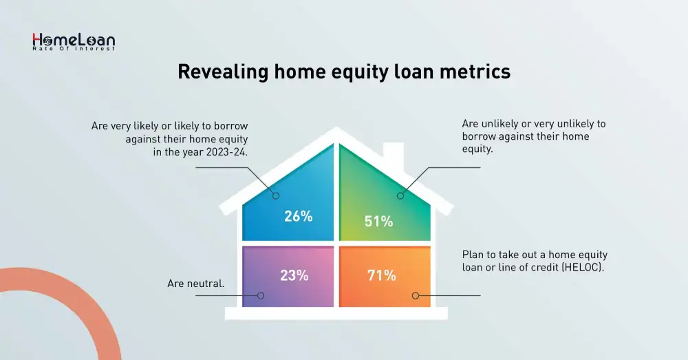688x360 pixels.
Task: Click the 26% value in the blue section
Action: click(x=299, y=216)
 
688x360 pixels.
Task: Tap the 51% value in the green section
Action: click(x=378, y=221)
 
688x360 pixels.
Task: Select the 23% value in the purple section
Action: click(x=294, y=275)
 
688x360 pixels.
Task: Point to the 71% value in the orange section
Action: click(x=382, y=275)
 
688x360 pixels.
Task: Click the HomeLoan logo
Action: click(x=74, y=42)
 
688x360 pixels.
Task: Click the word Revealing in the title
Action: click(x=223, y=71)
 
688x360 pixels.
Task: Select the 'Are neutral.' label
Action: click(x=195, y=284)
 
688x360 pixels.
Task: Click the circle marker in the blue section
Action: click(x=276, y=195)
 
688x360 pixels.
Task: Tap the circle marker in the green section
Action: click(x=400, y=195)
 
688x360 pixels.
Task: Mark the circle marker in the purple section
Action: click(x=261, y=295)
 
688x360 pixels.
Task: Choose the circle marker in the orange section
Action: click(x=416, y=295)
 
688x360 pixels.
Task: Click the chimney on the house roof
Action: click(x=394, y=156)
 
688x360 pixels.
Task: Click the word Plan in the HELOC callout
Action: click(x=473, y=255)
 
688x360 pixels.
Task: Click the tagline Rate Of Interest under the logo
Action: click(x=74, y=49)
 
